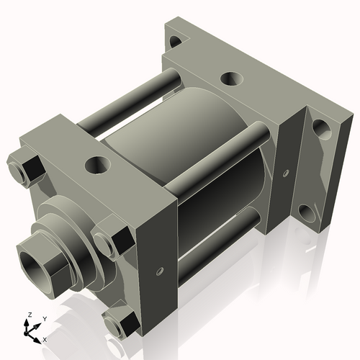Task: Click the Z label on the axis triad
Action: pos(29,315)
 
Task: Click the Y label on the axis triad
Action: pos(44,318)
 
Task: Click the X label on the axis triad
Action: pos(45,338)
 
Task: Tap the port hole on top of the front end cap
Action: pos(95,165)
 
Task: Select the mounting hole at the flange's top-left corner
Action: pos(174,33)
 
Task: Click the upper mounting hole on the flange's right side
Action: pos(322,132)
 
